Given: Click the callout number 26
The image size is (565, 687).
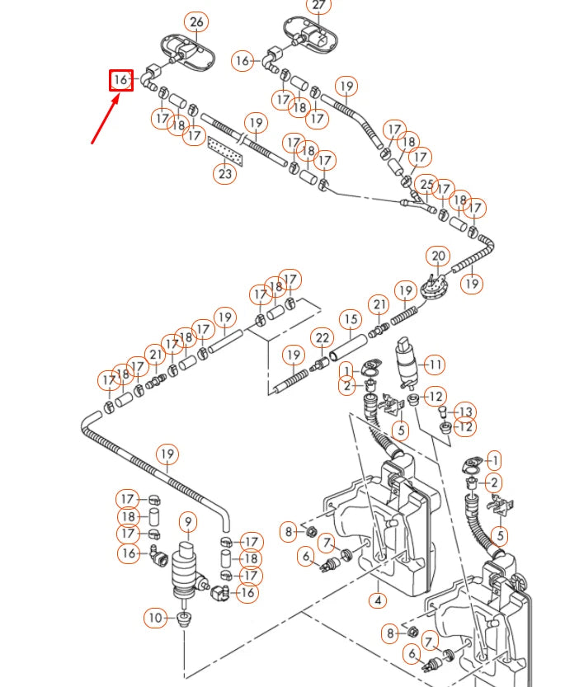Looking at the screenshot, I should [196, 22].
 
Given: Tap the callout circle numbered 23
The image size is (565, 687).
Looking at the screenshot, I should [225, 174].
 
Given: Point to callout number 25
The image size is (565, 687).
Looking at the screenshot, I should [426, 184].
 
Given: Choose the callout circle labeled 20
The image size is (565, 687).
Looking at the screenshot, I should [438, 256].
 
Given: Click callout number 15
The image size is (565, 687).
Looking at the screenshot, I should [351, 319].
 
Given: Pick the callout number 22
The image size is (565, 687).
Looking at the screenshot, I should [323, 338].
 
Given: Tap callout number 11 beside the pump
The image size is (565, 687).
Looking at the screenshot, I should [434, 364].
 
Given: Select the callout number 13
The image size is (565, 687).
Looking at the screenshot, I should [466, 411].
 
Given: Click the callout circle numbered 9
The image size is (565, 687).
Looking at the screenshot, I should [188, 521].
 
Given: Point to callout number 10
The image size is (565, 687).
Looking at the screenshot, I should [156, 616].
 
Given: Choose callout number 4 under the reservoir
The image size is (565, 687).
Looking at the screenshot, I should [378, 600].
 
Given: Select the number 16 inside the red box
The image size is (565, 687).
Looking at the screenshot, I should [121, 80].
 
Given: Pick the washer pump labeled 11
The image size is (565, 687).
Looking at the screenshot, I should [405, 360].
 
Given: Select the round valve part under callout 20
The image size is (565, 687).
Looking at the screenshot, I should [431, 285].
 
